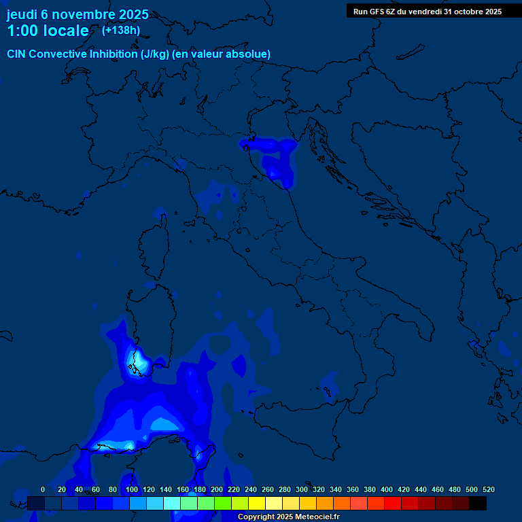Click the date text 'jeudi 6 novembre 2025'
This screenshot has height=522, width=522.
(77, 14)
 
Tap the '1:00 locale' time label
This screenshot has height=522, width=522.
(48, 31)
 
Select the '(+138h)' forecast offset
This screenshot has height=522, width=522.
(121, 30)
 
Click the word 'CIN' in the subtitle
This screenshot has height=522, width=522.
(17, 54)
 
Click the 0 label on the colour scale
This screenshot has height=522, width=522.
(43, 489)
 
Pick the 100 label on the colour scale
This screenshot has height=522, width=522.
(132, 489)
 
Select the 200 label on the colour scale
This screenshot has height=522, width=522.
(217, 489)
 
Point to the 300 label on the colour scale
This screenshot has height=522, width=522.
(302, 489)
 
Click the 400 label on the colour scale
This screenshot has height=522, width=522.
(387, 489)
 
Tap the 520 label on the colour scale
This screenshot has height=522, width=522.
(488, 489)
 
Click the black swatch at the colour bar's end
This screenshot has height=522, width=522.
(478, 503)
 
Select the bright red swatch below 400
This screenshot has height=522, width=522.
(393, 503)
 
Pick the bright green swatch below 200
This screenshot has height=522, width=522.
(223, 503)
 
